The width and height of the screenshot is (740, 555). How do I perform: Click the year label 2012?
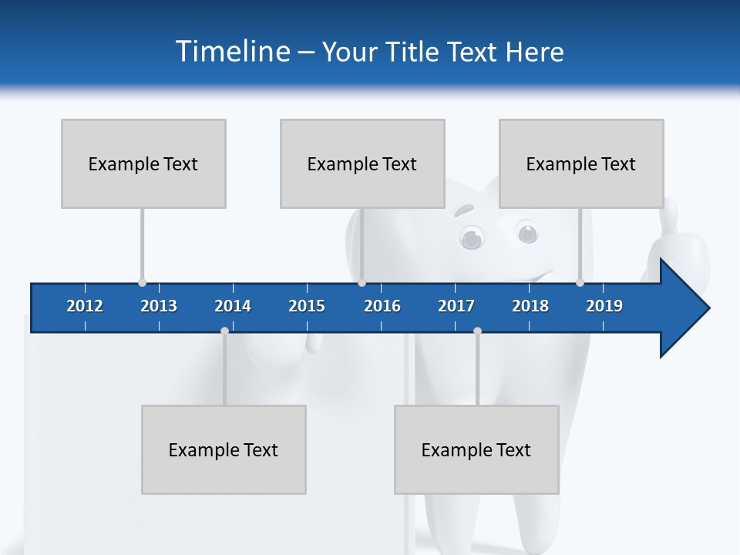85,306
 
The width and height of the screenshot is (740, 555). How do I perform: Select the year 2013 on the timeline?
159,306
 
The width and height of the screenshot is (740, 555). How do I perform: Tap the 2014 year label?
233,306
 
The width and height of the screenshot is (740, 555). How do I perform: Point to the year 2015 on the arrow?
307,306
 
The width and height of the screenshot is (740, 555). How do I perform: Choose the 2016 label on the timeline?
382,306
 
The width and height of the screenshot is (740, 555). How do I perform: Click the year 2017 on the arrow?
456,306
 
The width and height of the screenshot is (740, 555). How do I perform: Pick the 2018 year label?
530,306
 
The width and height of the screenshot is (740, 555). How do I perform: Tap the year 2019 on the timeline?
604,306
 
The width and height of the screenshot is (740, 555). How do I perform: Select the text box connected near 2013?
143,163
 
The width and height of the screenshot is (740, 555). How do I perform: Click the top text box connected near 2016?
362,163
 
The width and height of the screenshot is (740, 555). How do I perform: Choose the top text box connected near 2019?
581,163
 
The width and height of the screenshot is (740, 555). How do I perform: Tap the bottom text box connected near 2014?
224,449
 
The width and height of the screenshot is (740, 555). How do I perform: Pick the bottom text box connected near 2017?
476,449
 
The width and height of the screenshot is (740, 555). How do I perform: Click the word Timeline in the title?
232,52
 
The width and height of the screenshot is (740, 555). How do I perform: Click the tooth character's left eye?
471,237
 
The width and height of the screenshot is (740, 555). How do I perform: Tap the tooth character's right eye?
527,232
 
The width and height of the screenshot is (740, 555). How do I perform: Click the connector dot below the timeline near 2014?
224,331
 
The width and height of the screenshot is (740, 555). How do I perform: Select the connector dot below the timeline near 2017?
477,331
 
